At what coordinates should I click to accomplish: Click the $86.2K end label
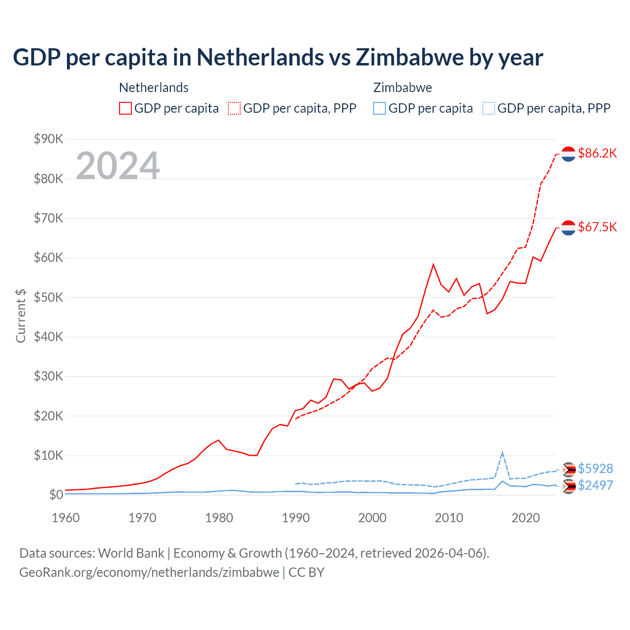(x=597, y=153)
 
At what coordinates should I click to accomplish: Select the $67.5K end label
(x=597, y=227)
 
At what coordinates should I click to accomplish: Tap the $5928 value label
(x=595, y=469)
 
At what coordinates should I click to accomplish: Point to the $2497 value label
(x=595, y=485)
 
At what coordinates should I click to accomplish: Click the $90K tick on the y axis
(x=48, y=139)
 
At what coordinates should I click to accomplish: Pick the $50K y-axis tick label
(x=48, y=297)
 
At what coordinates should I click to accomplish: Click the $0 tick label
(x=56, y=495)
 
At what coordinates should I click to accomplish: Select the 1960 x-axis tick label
(x=65, y=518)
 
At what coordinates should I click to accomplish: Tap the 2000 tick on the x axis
(x=372, y=518)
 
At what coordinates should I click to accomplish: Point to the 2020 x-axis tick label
(x=526, y=518)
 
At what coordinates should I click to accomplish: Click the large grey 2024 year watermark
(x=118, y=166)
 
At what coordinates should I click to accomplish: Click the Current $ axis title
(x=21, y=316)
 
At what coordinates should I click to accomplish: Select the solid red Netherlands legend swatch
(x=126, y=108)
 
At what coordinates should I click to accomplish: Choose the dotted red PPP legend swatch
(x=234, y=108)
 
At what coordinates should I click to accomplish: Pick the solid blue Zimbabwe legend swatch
(x=379, y=108)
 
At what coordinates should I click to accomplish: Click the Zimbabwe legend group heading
(x=403, y=88)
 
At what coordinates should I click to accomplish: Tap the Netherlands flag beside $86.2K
(x=568, y=154)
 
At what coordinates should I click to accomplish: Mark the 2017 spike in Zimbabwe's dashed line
(x=502, y=452)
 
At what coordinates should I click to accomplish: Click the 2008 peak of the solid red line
(x=433, y=265)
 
